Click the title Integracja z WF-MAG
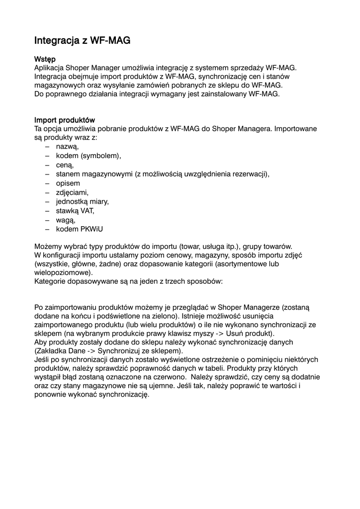[82, 40]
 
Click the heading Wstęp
[45, 59]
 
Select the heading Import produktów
[64, 120]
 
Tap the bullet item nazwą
[67, 147]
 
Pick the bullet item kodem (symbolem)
[88, 156]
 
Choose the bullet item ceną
[65, 165]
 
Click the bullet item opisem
[68, 183]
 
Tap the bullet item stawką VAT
[75, 210]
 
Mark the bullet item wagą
[65, 220]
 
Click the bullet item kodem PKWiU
[80, 229]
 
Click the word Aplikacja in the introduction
[49, 68]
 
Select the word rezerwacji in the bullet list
[250, 174]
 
